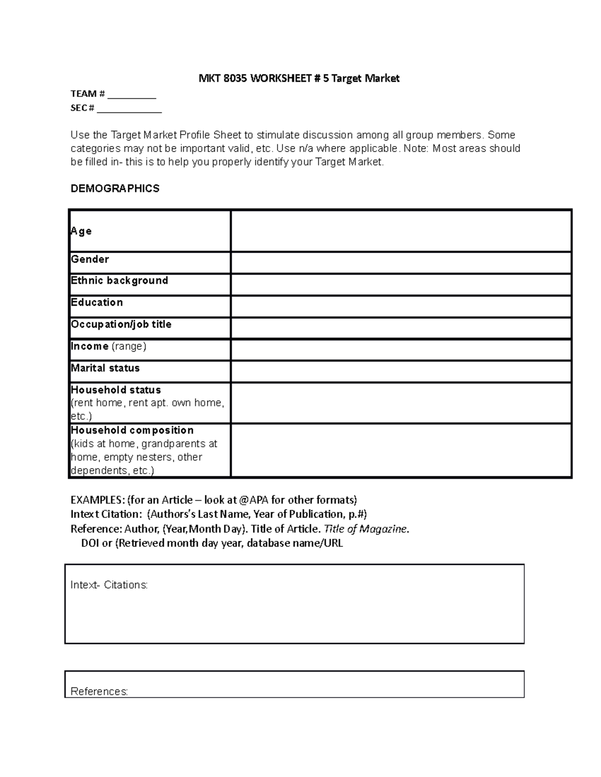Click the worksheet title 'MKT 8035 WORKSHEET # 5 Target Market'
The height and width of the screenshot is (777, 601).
(x=299, y=79)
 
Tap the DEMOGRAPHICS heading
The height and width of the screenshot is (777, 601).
(x=115, y=189)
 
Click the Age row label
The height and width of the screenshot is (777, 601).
(x=81, y=231)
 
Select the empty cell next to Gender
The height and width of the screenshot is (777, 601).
(x=401, y=263)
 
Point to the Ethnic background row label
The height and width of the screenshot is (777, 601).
(x=119, y=281)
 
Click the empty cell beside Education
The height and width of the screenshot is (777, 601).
(x=401, y=306)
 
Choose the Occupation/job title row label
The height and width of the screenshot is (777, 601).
(x=121, y=324)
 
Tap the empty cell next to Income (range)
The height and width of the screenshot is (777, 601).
(x=401, y=350)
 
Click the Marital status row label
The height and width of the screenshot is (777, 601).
(x=105, y=368)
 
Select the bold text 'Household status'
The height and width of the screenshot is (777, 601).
(x=116, y=390)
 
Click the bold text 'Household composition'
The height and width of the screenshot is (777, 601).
(x=132, y=430)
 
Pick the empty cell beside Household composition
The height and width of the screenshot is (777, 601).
(x=401, y=450)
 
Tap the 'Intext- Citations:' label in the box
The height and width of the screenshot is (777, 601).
(x=109, y=585)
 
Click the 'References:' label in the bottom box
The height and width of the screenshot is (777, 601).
(x=99, y=691)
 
